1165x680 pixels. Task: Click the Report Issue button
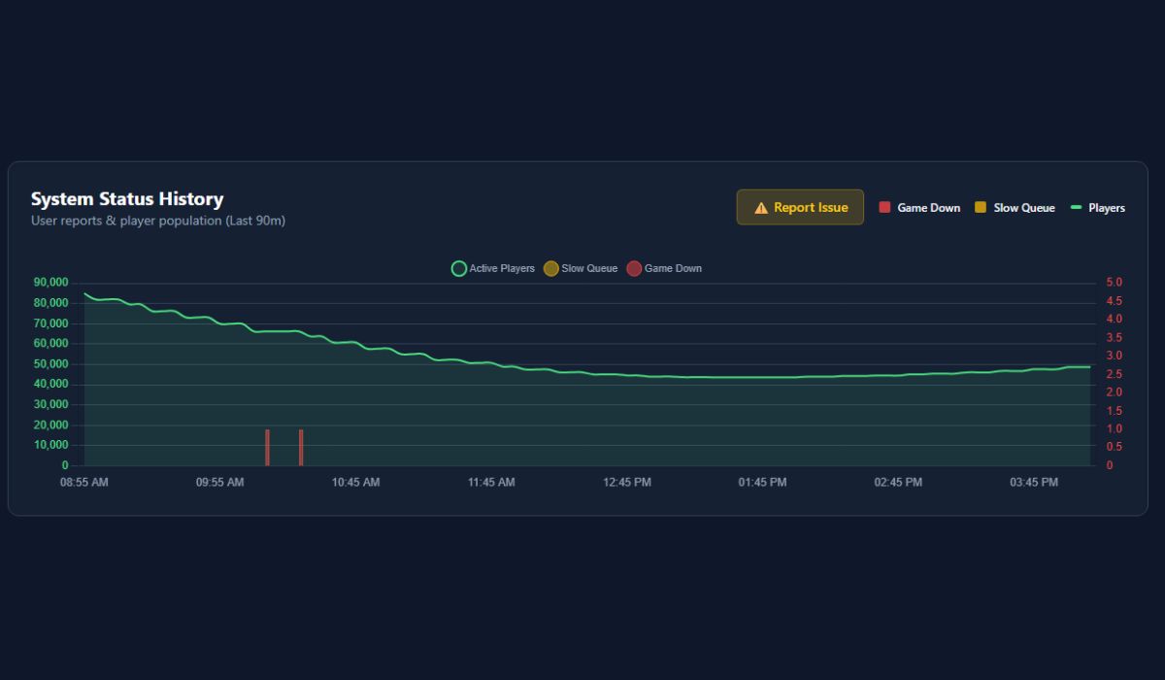click(x=800, y=207)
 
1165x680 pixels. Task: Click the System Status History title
click(x=127, y=199)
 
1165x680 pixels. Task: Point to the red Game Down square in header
click(x=884, y=207)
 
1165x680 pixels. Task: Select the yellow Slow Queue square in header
click(x=981, y=207)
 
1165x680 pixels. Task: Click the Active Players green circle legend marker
click(x=459, y=268)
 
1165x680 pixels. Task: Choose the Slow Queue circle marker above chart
click(x=551, y=268)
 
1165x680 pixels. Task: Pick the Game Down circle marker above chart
click(x=634, y=268)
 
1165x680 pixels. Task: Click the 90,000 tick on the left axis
click(x=50, y=283)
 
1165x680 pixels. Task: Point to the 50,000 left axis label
click(x=50, y=364)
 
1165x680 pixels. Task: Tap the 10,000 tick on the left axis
click(x=50, y=445)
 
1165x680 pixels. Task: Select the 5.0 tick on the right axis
click(x=1114, y=283)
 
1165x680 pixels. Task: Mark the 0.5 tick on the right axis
click(x=1114, y=447)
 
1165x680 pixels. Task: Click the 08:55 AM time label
click(x=84, y=482)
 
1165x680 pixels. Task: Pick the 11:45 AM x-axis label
click(x=491, y=482)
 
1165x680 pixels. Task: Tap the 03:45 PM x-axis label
click(x=1034, y=482)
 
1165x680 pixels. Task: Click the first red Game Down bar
click(x=267, y=447)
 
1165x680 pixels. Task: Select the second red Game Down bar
click(x=301, y=447)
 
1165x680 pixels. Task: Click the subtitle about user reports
click(x=158, y=221)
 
